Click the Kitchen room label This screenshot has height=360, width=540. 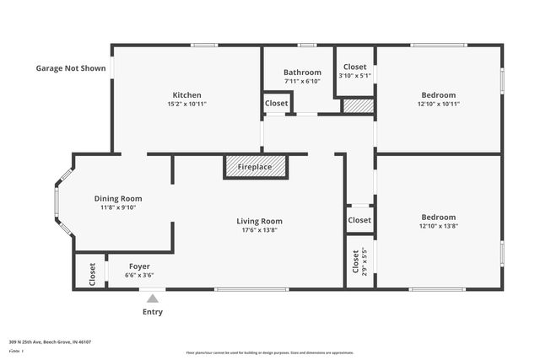pos(186,94)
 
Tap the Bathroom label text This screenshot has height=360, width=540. pos(302,73)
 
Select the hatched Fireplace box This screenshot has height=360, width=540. pos(255,167)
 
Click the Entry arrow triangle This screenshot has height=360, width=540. pos(153,298)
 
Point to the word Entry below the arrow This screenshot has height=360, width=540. pos(153,312)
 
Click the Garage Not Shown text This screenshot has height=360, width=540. pos(71,68)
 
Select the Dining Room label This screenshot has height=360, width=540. pos(118,198)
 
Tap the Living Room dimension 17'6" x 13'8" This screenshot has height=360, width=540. pos(258,229)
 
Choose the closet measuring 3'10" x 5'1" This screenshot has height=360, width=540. pos(355,70)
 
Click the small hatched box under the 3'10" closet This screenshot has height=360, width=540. pos(358,106)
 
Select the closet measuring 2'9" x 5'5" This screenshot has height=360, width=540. pos(359,261)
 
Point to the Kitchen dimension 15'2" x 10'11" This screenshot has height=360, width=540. pos(186,104)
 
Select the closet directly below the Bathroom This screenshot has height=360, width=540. pos(276,103)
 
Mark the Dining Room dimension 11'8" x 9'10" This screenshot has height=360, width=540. pos(118,207)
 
